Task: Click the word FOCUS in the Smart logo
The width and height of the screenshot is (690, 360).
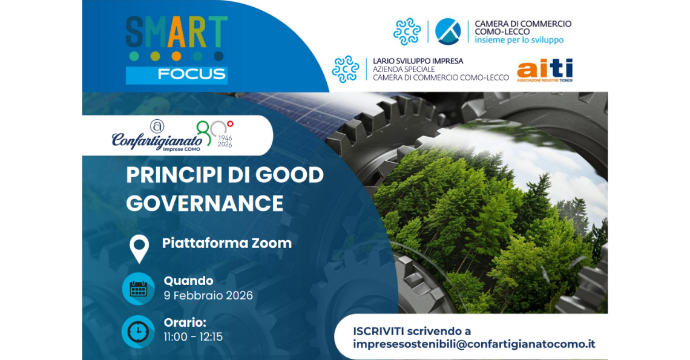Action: [191, 74]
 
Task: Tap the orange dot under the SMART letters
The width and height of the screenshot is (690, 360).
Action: [177, 56]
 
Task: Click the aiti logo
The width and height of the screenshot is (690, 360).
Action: [545, 70]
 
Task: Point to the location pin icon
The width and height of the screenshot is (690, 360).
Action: [139, 249]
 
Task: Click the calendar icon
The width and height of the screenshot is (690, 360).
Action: [138, 289]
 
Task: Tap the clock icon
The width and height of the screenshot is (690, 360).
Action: [138, 332]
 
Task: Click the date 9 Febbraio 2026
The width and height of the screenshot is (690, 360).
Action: [208, 295]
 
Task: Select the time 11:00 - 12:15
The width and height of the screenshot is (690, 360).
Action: [193, 337]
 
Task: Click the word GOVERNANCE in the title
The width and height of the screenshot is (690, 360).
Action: [205, 203]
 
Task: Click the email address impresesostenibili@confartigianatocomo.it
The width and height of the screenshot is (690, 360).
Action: [474, 344]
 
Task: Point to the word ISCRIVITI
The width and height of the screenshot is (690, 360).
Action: [378, 331]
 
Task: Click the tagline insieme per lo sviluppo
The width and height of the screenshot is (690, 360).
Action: [519, 40]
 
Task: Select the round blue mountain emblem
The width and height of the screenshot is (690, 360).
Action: [448, 31]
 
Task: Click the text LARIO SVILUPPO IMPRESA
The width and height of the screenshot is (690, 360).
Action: [418, 61]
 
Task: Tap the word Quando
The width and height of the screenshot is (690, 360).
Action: [188, 281]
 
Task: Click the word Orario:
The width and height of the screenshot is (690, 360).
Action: [185, 322]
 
